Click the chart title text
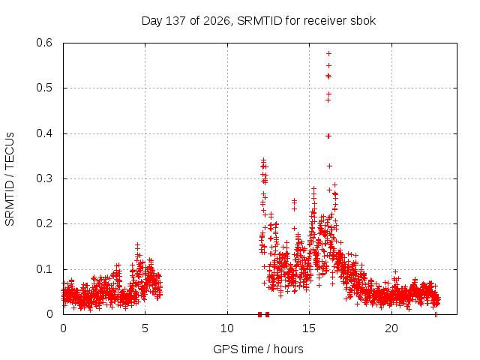pyautogui.click(x=259, y=21)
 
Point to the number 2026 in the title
pyautogui.click(x=217, y=21)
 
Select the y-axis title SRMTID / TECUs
pyautogui.click(x=10, y=179)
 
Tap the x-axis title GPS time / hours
pyautogui.click(x=258, y=349)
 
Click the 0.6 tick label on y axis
pyautogui.click(x=44, y=43)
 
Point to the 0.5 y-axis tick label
pyautogui.click(x=44, y=88)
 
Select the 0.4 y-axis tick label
pyautogui.click(x=44, y=133)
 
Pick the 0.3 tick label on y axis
pyautogui.click(x=44, y=178)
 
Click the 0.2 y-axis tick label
pyautogui.click(x=44, y=223)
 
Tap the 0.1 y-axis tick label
pyautogui.click(x=44, y=269)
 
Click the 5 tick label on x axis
pyautogui.click(x=145, y=328)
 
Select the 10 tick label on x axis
pyautogui.click(x=227, y=328)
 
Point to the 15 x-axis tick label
pyautogui.click(x=309, y=328)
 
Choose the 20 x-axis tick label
pyautogui.click(x=391, y=328)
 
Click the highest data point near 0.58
pyautogui.click(x=329, y=53)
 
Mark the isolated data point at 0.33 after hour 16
pyautogui.click(x=330, y=166)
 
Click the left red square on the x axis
pyautogui.click(x=260, y=314)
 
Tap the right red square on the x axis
pyautogui.click(x=267, y=314)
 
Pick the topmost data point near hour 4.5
pyautogui.click(x=137, y=244)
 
